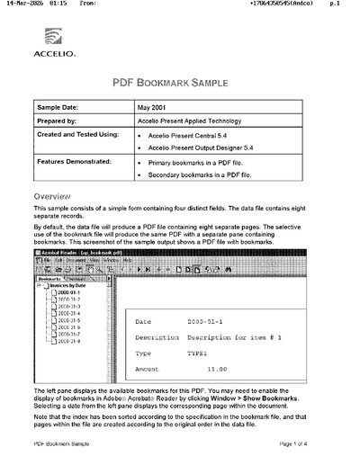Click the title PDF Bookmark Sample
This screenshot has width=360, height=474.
pos(180,82)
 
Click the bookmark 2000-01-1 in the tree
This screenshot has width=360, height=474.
pos(68,293)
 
